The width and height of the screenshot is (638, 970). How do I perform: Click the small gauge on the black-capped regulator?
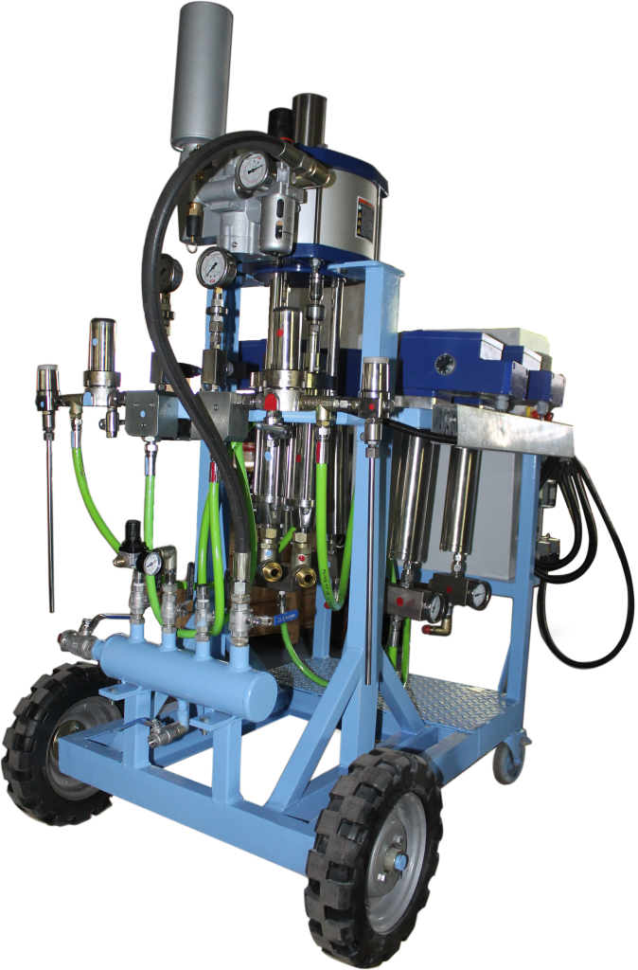pos(152,563)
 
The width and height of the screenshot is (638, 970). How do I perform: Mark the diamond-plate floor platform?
pos(435,696)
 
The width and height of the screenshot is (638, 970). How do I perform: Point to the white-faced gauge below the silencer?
pos(215,268)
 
